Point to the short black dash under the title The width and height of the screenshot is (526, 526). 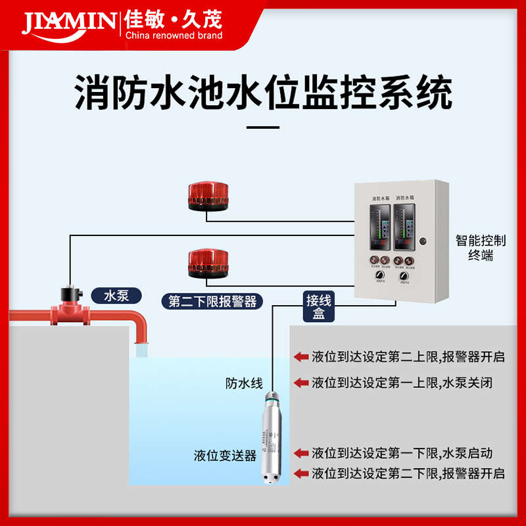(262, 128)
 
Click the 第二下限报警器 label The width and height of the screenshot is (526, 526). (212, 301)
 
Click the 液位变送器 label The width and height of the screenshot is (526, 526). (225, 455)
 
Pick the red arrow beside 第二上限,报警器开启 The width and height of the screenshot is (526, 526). (301, 357)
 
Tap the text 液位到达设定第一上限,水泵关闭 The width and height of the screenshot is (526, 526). (402, 382)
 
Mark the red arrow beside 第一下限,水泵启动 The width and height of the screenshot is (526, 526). (301, 453)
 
